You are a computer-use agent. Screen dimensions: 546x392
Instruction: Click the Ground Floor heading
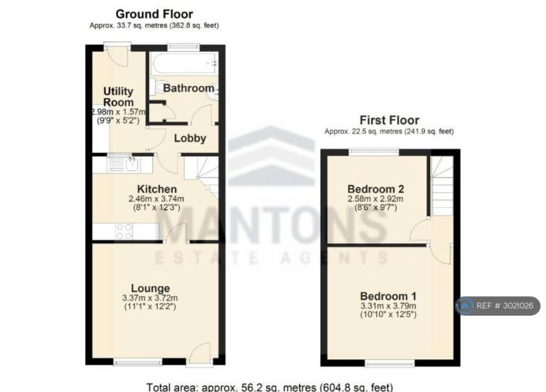point(154,14)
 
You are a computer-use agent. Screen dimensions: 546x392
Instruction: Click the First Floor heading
point(390,120)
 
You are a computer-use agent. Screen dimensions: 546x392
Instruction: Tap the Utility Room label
point(119,97)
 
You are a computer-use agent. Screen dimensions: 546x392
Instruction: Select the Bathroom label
point(188,88)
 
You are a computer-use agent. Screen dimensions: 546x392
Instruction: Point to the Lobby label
point(190,138)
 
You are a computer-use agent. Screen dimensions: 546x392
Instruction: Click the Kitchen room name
point(156,189)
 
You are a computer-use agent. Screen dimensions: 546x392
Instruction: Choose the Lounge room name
point(151,288)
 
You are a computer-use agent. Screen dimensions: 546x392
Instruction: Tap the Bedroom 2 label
point(375,189)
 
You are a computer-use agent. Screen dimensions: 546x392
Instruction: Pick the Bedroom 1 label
point(388,296)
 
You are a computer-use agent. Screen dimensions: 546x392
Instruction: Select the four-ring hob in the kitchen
point(124,231)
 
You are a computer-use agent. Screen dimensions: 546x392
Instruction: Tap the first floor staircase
point(442,186)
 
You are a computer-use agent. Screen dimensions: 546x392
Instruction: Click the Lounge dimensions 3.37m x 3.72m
point(150,298)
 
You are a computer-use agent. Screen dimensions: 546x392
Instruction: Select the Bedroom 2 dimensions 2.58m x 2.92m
point(375,199)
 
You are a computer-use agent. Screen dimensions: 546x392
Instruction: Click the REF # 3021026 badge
point(498,306)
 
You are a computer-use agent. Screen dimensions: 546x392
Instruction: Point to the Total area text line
point(269,387)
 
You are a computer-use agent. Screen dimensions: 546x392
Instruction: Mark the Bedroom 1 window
point(390,364)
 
